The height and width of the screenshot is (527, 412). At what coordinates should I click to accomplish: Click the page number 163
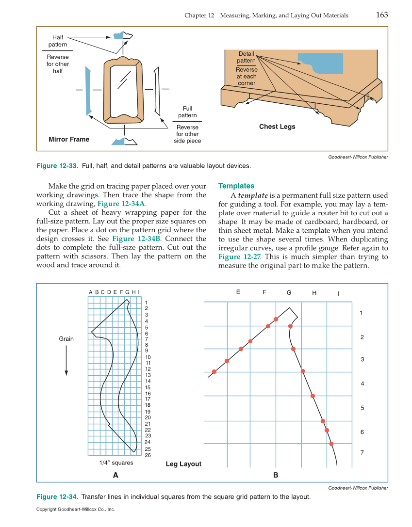[x=382, y=15]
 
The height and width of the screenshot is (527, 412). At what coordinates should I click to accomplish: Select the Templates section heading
[x=236, y=186]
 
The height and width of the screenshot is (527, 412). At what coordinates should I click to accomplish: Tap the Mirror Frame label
[x=69, y=139]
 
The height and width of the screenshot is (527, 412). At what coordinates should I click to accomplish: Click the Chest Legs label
[x=277, y=127]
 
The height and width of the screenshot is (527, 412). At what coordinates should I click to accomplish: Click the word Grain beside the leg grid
[x=66, y=339]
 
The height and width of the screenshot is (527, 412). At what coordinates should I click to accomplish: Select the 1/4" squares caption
[x=116, y=463]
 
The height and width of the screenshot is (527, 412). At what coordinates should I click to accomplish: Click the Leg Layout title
[x=183, y=464]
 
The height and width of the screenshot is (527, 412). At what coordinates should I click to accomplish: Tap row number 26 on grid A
[x=148, y=455]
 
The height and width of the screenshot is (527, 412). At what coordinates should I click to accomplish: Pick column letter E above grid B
[x=238, y=292]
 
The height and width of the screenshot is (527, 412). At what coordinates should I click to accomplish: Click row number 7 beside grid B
[x=362, y=452]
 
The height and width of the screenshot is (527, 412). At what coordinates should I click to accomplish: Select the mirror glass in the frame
[x=125, y=88]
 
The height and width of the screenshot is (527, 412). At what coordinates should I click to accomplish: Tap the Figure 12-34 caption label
[x=57, y=497]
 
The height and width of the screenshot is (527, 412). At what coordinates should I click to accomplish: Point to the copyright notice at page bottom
[x=75, y=510]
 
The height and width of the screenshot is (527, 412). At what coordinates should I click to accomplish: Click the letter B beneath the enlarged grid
[x=276, y=475]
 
